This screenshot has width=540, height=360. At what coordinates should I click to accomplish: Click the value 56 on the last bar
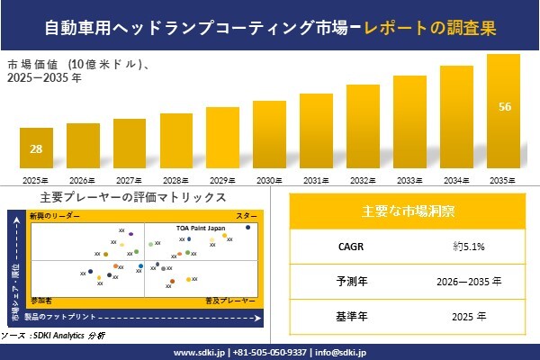pyautogui.click(x=505, y=107)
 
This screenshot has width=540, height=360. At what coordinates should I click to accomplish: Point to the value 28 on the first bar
pyautogui.click(x=36, y=148)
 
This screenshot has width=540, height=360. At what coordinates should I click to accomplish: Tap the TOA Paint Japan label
pyautogui.click(x=200, y=229)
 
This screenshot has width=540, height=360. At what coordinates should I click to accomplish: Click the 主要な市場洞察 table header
pyautogui.click(x=407, y=211)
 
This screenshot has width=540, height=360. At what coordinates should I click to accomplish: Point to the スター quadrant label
pyautogui.click(x=247, y=217)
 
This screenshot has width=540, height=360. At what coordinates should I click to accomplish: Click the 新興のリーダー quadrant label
pyautogui.click(x=55, y=217)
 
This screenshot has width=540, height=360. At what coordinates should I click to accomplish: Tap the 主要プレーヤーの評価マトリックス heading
pyautogui.click(x=133, y=197)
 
